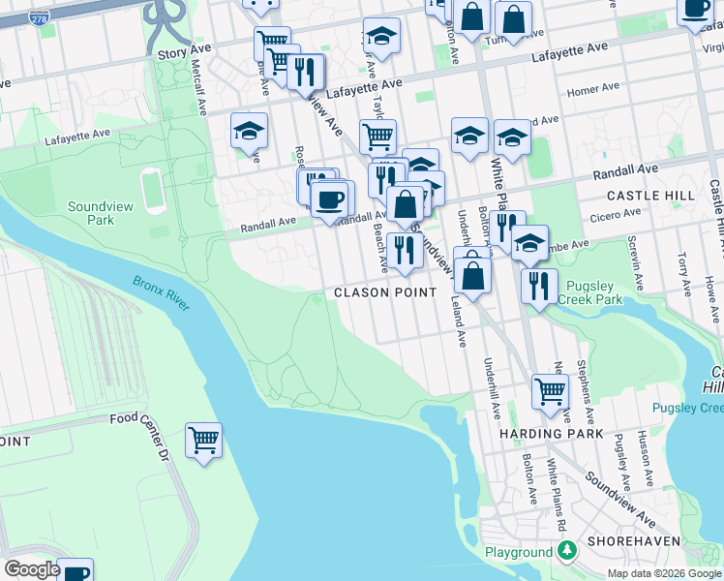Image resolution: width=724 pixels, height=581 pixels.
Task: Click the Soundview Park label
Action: [91, 213]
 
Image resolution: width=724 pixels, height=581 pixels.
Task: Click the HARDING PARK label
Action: [552, 434]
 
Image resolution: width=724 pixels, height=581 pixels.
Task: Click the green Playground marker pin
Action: [566, 552]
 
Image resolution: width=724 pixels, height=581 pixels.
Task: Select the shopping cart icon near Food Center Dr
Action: [203, 441]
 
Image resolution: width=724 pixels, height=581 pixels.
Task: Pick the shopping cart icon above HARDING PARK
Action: [550, 392]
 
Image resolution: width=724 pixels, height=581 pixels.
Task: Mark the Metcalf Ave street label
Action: [199, 86]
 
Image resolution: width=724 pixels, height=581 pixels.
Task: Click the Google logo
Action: [32, 569]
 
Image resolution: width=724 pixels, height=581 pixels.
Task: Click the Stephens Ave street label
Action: [585, 384]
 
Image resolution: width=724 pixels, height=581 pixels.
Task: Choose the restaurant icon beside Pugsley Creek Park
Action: [538, 286]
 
